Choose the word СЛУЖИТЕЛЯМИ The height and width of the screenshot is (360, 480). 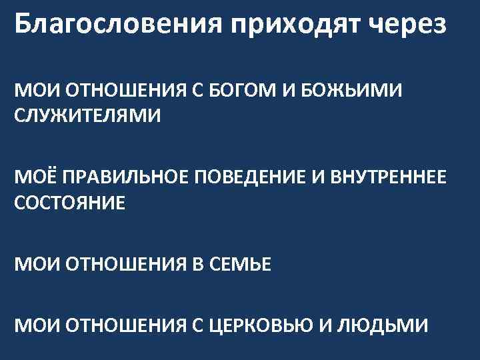(x=87, y=115)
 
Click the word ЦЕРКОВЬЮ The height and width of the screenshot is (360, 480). (x=267, y=326)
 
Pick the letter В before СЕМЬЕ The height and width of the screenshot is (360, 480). (x=191, y=265)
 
